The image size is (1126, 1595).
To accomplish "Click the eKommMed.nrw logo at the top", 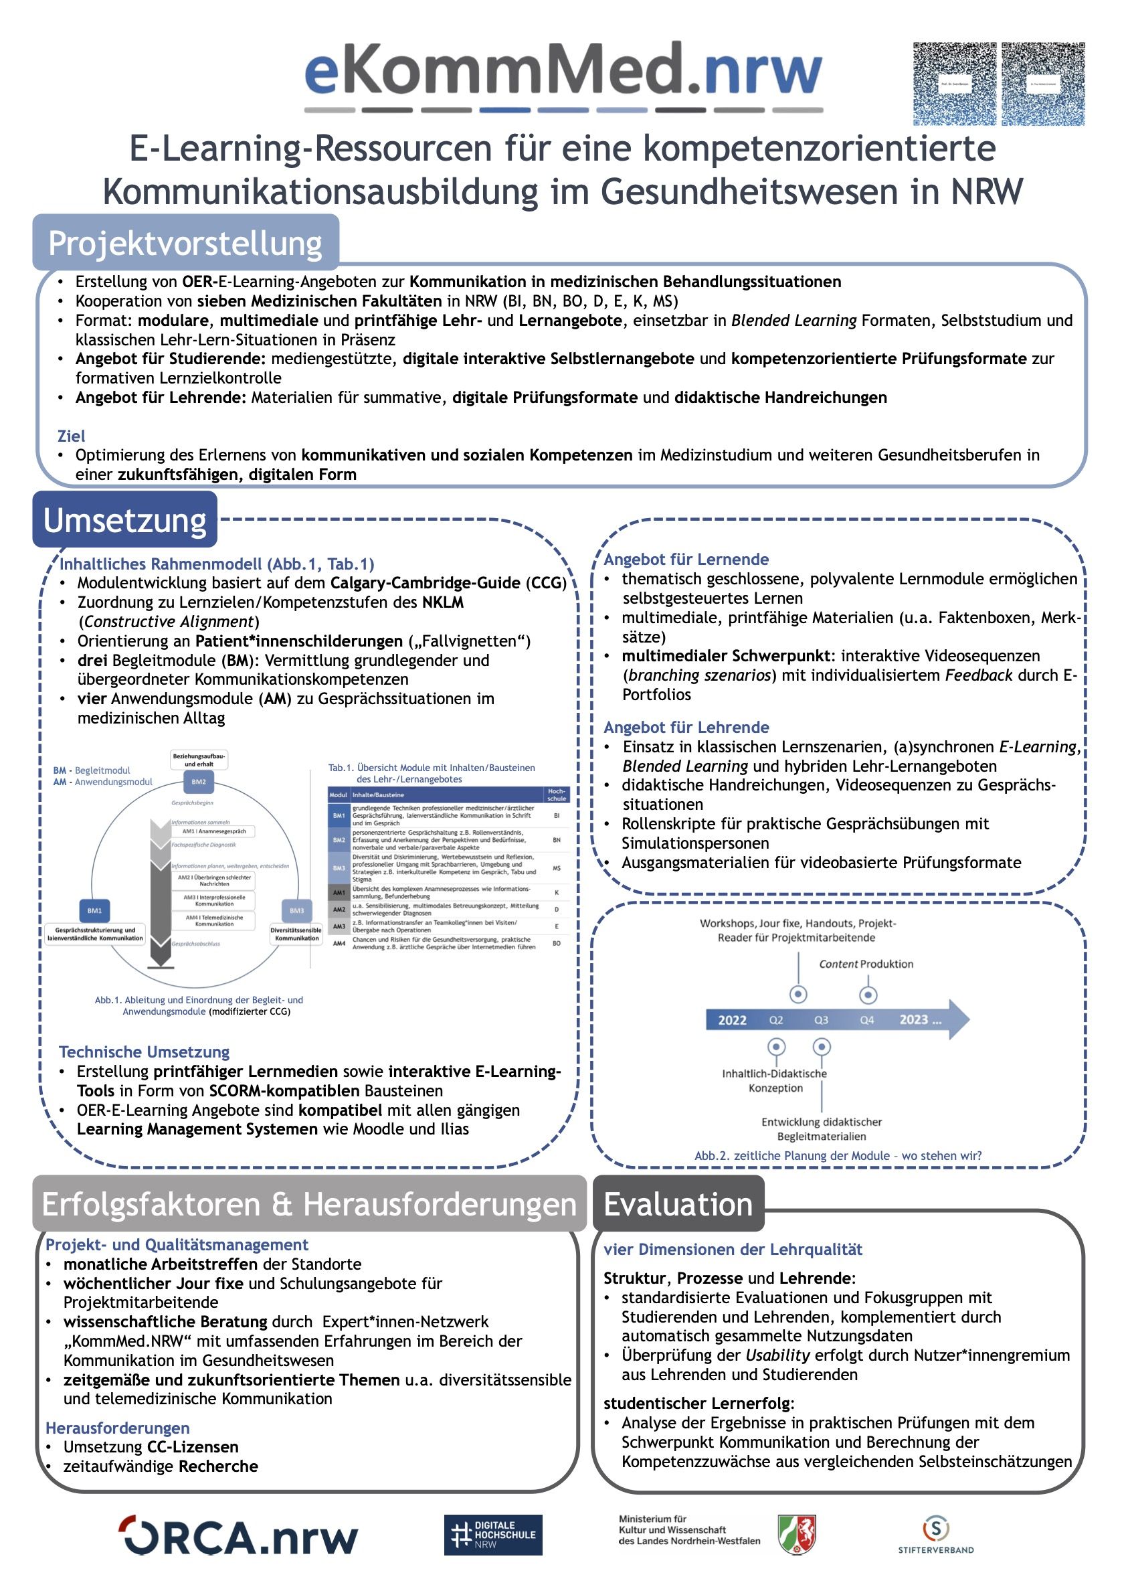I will (x=563, y=73).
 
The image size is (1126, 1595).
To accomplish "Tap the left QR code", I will (x=955, y=84).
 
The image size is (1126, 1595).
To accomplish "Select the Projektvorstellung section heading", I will (x=185, y=243).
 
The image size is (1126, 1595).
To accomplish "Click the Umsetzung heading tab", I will (x=125, y=520).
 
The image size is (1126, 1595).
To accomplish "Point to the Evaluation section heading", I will (x=678, y=1204).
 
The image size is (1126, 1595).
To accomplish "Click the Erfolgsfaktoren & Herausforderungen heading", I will (x=310, y=1204).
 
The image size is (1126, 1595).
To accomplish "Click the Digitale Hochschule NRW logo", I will (x=493, y=1535).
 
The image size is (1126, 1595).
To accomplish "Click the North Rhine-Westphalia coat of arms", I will (x=797, y=1534).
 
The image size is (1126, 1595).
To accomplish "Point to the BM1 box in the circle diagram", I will (x=94, y=911).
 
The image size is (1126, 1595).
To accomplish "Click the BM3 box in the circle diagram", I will (x=296, y=911).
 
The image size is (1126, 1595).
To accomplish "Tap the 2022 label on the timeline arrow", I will (x=732, y=1020).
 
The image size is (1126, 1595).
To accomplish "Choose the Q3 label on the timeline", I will (x=821, y=1020).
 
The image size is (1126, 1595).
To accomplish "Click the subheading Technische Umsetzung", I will (x=145, y=1052).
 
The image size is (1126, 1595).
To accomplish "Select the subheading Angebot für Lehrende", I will (x=686, y=728).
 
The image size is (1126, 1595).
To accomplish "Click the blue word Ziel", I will (x=72, y=436).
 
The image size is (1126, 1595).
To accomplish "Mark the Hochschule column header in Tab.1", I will (x=556, y=794).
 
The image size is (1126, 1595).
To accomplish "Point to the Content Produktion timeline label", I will (x=866, y=964).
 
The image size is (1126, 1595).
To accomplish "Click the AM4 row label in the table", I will (x=339, y=943).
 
